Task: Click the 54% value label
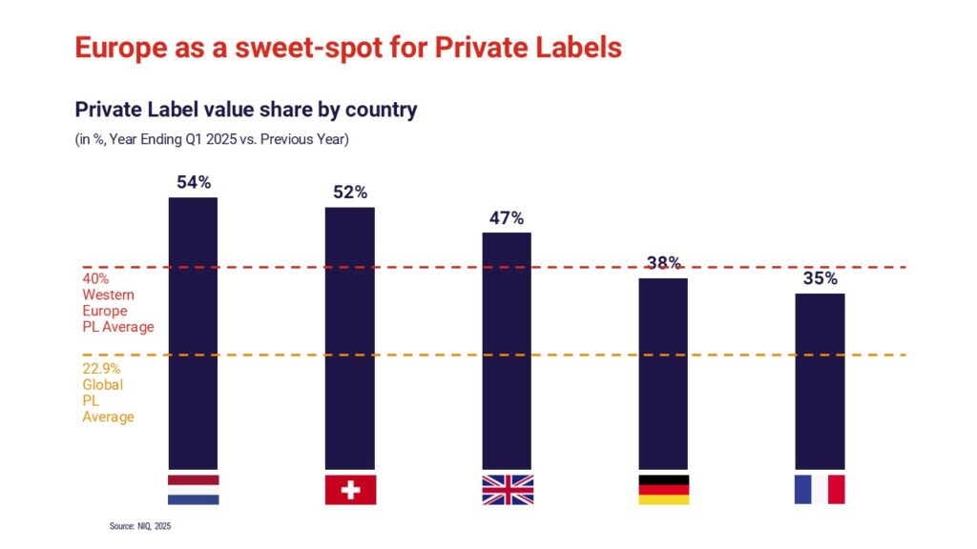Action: (x=193, y=182)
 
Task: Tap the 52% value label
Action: (x=349, y=192)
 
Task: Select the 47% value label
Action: (x=507, y=217)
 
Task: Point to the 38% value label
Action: (x=662, y=263)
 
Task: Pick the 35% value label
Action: (x=820, y=278)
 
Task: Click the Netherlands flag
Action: (x=193, y=489)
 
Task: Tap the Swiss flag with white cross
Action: (x=350, y=489)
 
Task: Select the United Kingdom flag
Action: (x=507, y=489)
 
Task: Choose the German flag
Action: (x=663, y=489)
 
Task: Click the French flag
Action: (x=820, y=489)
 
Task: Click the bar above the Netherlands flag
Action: (x=193, y=334)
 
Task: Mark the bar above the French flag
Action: (x=820, y=381)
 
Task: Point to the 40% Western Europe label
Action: (x=117, y=303)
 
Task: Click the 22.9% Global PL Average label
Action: (x=108, y=393)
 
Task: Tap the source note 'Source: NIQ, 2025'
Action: (x=140, y=525)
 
